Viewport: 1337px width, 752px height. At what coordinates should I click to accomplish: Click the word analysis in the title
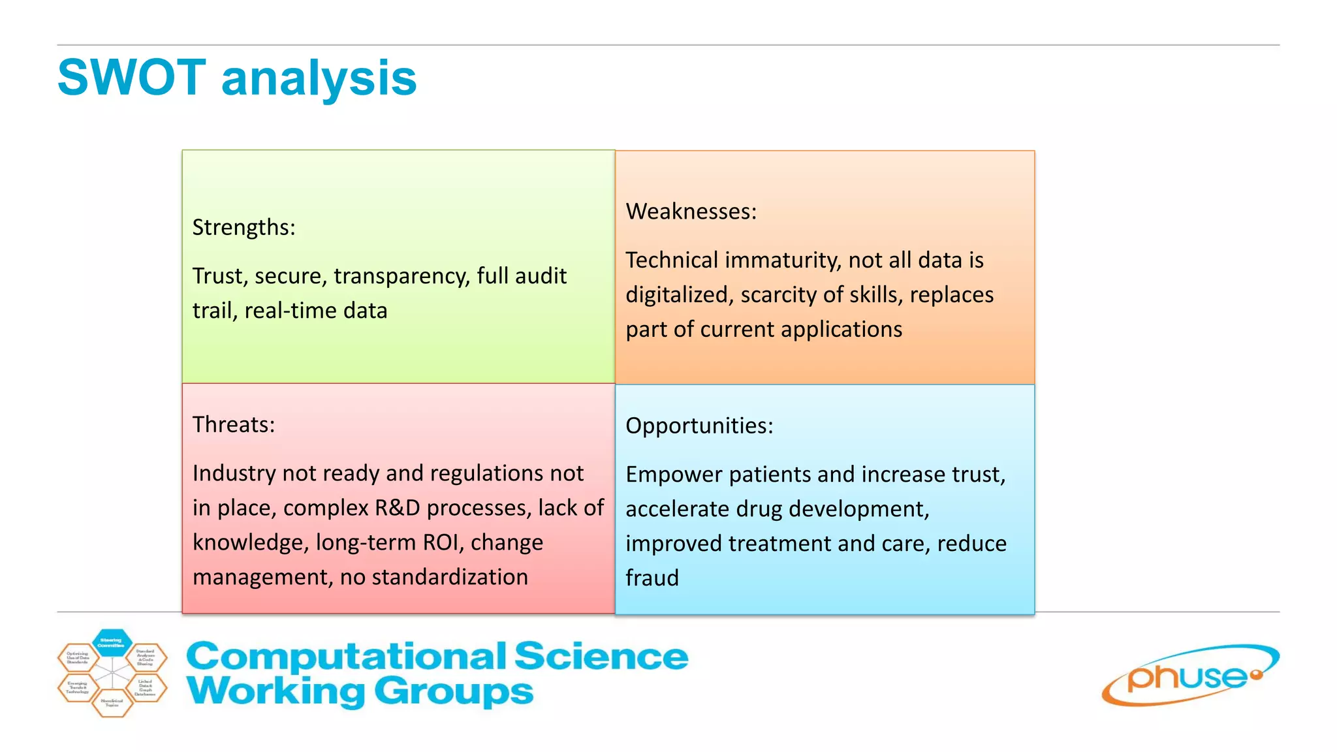[319, 79]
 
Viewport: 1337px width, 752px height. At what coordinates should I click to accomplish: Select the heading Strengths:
[244, 227]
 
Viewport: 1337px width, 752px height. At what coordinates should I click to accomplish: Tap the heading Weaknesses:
[691, 211]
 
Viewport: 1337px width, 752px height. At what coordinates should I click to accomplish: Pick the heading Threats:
[233, 424]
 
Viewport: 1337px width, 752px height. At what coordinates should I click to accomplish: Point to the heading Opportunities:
[699, 426]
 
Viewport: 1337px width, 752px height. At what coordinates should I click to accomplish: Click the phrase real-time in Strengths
[291, 311]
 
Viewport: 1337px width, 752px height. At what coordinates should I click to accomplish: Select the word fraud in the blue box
[652, 578]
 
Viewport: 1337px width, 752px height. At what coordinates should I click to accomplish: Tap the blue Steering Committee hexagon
[112, 642]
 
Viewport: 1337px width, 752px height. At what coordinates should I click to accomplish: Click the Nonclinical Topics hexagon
[112, 703]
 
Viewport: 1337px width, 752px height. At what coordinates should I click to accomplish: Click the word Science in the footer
[601, 656]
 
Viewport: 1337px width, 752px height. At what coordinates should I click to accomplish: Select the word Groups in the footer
[454, 692]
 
